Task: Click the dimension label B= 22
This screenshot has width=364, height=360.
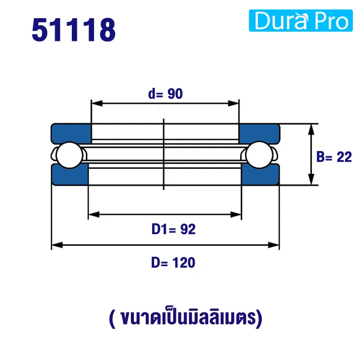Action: [334, 157]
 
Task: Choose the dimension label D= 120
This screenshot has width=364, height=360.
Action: [173, 263]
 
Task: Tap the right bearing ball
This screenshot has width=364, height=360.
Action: [261, 155]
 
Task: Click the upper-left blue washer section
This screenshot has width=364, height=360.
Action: [71, 132]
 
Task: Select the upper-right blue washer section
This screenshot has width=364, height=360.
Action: [259, 132]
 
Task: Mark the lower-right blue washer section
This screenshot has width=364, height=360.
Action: [260, 176]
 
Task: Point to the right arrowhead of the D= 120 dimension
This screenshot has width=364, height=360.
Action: [276, 245]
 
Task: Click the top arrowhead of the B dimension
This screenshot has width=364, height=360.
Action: [311, 127]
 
